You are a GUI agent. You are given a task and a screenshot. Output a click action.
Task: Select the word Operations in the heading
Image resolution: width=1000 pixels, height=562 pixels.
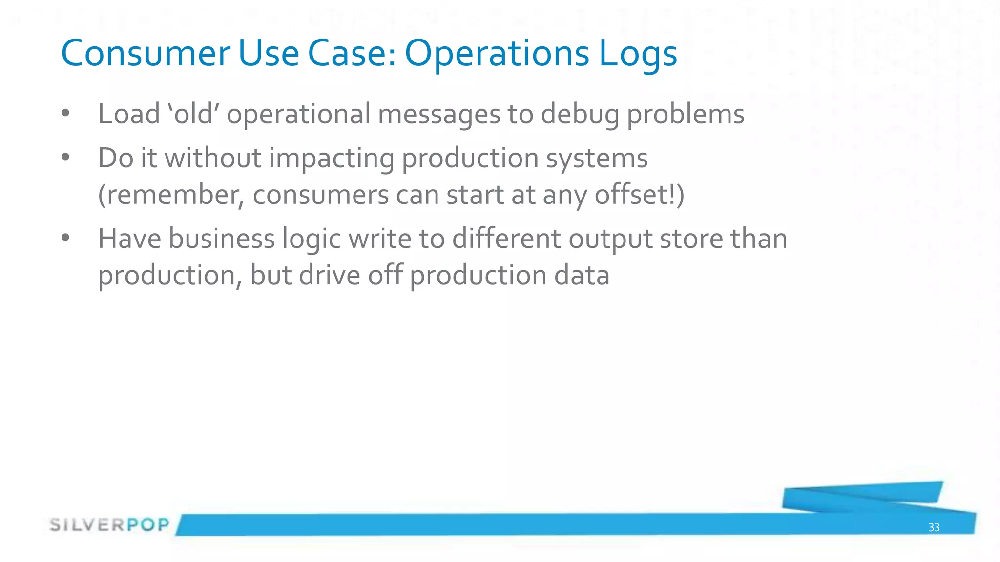(497, 54)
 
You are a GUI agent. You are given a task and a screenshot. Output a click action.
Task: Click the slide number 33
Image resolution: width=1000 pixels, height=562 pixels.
(934, 527)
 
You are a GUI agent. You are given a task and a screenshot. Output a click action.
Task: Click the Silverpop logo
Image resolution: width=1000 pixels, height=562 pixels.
(109, 525)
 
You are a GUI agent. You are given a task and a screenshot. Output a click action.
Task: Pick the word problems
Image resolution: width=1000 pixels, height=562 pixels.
(685, 115)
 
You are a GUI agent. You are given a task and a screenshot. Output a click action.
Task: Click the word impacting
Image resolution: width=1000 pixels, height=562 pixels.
(331, 159)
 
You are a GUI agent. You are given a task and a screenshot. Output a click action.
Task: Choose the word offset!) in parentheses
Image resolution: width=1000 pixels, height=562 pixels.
(639, 195)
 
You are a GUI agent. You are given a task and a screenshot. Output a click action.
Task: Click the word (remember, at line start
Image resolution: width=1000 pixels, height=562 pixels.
(171, 195)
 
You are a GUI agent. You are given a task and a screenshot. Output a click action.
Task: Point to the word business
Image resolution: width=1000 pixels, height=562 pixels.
(222, 239)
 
